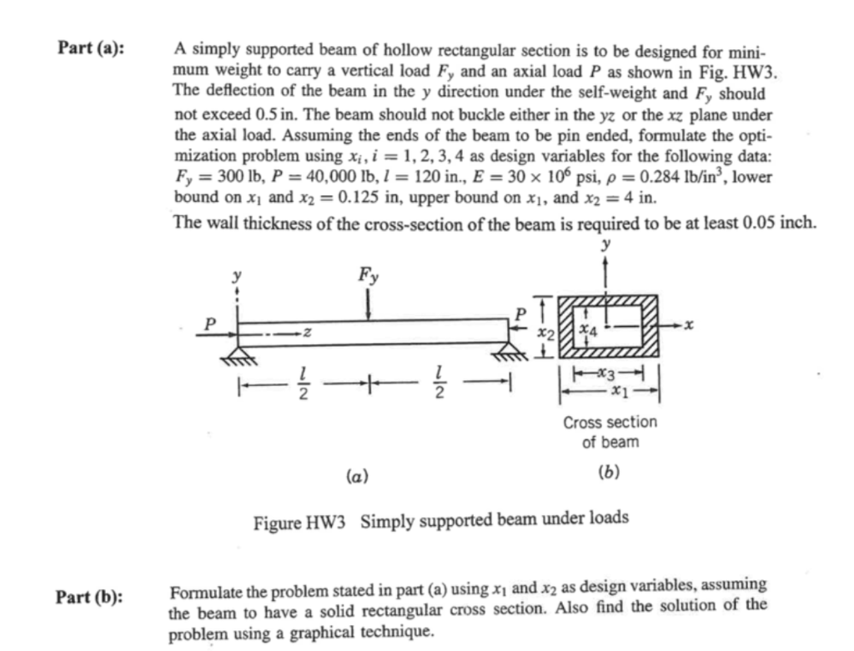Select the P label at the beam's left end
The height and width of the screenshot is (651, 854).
click(x=211, y=322)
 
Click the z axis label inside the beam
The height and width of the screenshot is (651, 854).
click(x=307, y=335)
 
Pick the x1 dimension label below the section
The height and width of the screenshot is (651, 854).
click(x=618, y=388)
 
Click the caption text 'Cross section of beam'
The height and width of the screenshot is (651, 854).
click(x=610, y=432)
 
